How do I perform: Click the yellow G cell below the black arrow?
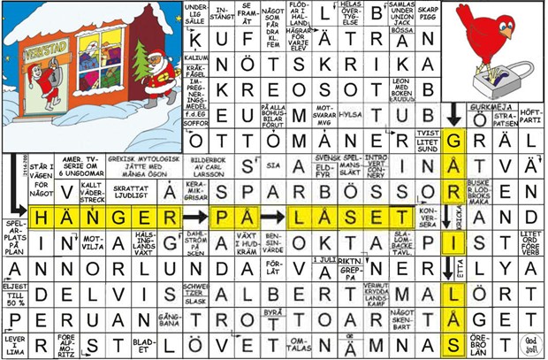(x=453, y=141)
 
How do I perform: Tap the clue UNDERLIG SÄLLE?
(x=196, y=13)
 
